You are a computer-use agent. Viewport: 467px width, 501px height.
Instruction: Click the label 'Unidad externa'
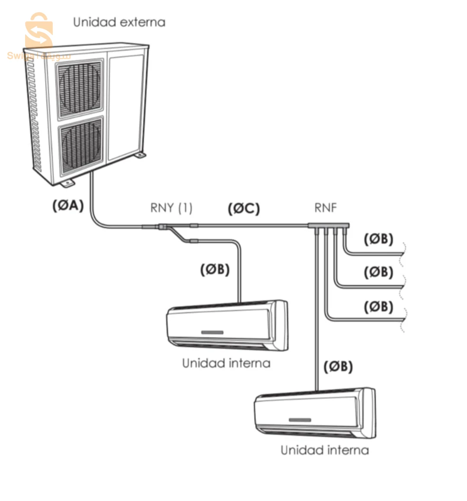pyautogui.click(x=119, y=22)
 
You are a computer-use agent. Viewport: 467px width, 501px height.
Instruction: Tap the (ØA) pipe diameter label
pyautogui.click(x=67, y=206)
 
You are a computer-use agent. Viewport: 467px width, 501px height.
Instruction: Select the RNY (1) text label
pyautogui.click(x=171, y=208)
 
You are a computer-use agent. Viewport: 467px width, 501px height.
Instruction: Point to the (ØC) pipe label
pyautogui.click(x=244, y=209)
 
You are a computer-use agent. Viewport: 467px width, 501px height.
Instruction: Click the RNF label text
pyautogui.click(x=325, y=208)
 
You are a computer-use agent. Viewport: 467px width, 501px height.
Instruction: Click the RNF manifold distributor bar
pyautogui.click(x=328, y=226)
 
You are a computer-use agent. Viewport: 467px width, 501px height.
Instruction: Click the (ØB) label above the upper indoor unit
pyautogui.click(x=214, y=270)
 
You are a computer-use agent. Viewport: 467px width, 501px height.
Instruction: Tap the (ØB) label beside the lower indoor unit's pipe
pyautogui.click(x=338, y=367)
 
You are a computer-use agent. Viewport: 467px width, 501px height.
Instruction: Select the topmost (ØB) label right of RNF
pyautogui.click(x=378, y=239)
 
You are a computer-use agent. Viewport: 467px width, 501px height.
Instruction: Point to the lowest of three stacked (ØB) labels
pyautogui.click(x=378, y=307)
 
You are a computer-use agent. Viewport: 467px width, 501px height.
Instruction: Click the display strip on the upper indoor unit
pyautogui.click(x=212, y=332)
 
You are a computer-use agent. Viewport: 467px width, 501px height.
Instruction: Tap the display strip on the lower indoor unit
pyautogui.click(x=300, y=419)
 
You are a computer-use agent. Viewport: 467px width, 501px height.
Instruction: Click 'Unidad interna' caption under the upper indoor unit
pyautogui.click(x=226, y=363)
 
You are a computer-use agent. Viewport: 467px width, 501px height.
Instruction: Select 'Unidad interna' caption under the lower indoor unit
pyautogui.click(x=325, y=450)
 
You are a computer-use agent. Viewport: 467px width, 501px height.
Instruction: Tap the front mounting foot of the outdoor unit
pyautogui.click(x=68, y=184)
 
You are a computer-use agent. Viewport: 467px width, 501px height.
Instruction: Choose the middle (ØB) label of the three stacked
pyautogui.click(x=378, y=272)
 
